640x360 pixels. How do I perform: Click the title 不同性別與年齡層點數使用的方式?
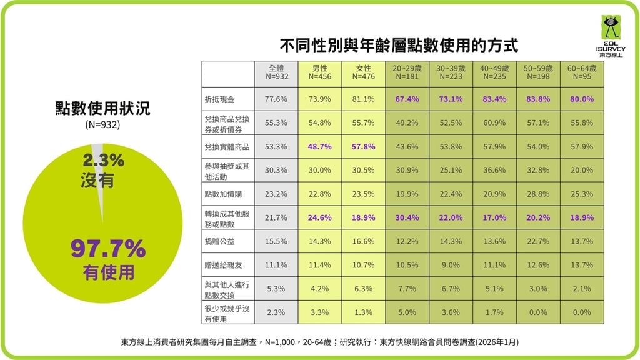click(398, 46)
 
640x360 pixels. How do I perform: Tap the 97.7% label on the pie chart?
click(107, 249)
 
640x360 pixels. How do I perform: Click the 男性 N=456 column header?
click(319, 72)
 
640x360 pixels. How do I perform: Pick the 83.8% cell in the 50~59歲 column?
click(538, 99)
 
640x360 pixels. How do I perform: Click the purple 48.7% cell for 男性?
click(319, 146)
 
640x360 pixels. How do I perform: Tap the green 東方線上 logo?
click(611, 36)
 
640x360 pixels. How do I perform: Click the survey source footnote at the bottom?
click(319, 342)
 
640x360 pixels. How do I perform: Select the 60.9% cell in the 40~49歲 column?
click(494, 122)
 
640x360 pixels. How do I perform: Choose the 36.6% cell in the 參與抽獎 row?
click(494, 170)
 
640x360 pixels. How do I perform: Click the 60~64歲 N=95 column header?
click(582, 72)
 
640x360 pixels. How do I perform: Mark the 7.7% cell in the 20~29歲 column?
click(407, 289)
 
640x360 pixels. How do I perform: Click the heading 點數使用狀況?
click(102, 108)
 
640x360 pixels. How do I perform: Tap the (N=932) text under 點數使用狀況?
click(102, 124)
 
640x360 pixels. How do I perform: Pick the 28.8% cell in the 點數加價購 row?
click(538, 194)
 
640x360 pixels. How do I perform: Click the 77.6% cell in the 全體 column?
click(276, 99)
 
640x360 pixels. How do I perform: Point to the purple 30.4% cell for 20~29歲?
click(407, 217)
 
